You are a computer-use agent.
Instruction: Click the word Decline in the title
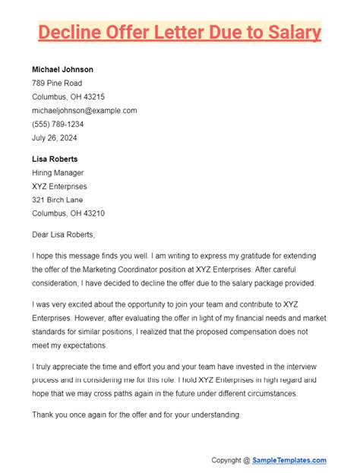(x=71, y=33)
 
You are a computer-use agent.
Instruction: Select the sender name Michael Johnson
(x=63, y=69)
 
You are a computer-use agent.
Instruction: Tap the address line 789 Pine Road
(x=57, y=83)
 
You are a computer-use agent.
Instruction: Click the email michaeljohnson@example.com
(x=84, y=110)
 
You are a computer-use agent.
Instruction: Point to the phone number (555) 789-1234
(x=58, y=124)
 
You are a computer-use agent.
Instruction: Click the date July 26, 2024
(x=54, y=138)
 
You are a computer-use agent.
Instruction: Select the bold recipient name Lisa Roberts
(x=55, y=159)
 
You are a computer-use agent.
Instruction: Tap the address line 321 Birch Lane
(x=58, y=200)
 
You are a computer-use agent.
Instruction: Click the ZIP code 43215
(x=92, y=96)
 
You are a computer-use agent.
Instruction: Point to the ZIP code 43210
(x=92, y=213)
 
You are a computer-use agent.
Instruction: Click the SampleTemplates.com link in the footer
(x=291, y=459)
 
